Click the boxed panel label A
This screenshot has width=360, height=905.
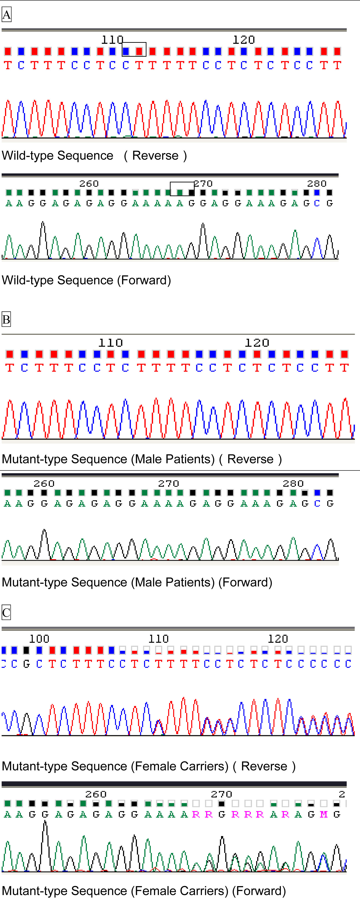(x=7, y=15)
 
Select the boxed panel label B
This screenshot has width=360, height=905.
(x=6, y=320)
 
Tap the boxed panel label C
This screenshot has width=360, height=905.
(x=6, y=612)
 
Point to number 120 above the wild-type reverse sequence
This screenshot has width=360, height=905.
(x=244, y=40)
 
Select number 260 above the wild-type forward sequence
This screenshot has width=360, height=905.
(x=89, y=184)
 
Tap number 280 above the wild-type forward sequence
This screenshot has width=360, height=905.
(x=317, y=184)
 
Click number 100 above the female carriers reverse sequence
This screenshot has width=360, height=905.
(x=39, y=639)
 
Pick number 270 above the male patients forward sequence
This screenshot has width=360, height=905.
(x=169, y=484)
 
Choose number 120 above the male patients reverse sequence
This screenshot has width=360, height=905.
(x=257, y=343)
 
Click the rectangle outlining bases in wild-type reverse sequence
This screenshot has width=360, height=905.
(x=134, y=50)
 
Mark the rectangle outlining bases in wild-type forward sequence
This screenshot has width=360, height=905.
(x=182, y=189)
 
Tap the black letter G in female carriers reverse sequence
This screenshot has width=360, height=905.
(x=27, y=664)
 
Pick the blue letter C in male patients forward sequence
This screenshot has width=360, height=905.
(x=317, y=503)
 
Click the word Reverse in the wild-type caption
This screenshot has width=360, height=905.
(x=155, y=156)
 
